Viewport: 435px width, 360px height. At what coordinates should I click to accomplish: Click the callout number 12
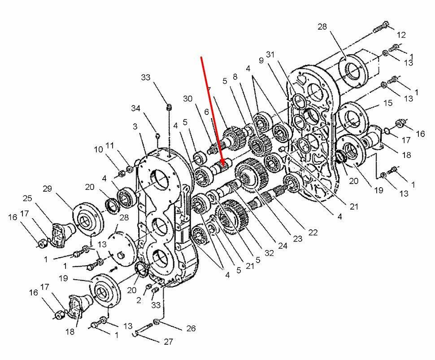(x=401, y=35)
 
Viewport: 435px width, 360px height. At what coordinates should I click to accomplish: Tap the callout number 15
(x=387, y=103)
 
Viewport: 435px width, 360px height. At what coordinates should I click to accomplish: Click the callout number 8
(x=235, y=77)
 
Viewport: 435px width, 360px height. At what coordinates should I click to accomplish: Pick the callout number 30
(x=187, y=99)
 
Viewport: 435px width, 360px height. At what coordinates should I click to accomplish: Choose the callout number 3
(x=135, y=127)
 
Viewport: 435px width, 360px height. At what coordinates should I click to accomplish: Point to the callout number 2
(x=139, y=300)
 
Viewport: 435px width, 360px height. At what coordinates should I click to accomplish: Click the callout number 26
(x=191, y=329)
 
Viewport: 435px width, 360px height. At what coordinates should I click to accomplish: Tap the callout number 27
(x=168, y=342)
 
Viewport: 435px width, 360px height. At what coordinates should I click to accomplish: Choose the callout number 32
(x=269, y=253)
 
